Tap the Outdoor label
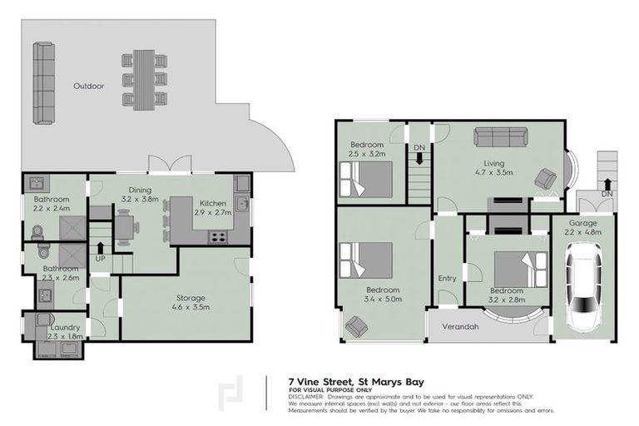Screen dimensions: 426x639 (88, 86)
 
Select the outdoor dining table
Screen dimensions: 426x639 (144, 79)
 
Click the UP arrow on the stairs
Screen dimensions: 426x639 (101, 247)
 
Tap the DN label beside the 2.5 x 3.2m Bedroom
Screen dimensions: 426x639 (419, 147)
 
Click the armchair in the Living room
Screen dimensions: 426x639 (546, 177)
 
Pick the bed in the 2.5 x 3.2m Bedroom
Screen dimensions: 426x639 (366, 179)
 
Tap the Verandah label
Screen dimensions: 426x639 (460, 326)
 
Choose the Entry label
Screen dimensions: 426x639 (448, 278)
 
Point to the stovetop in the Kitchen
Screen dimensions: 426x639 (218, 236)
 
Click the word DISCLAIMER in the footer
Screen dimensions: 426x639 (305, 396)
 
